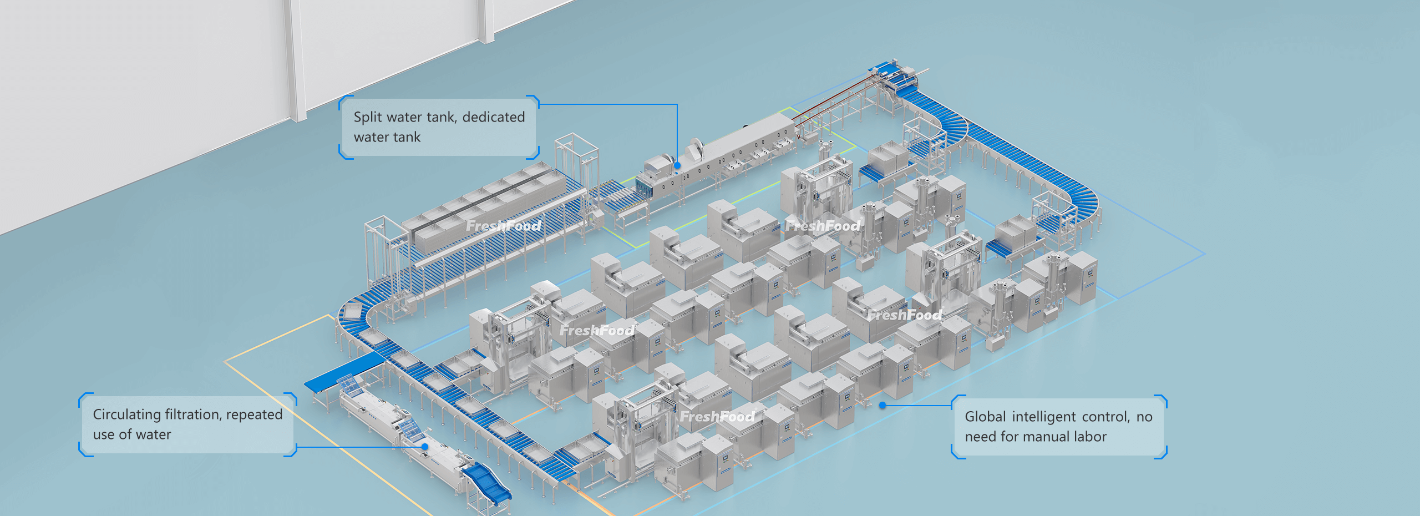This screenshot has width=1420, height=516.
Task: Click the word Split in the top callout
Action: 368,118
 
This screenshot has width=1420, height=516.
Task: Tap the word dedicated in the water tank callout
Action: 493,118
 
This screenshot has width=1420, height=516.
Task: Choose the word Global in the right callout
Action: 985,417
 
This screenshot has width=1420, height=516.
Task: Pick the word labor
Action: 1090,437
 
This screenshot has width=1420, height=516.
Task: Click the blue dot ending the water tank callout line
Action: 677,165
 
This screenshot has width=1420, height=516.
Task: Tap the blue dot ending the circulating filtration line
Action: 425,447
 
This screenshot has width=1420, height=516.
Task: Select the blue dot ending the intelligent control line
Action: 883,406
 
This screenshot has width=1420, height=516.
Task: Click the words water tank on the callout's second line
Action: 387,138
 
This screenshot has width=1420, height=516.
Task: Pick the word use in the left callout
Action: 104,435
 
